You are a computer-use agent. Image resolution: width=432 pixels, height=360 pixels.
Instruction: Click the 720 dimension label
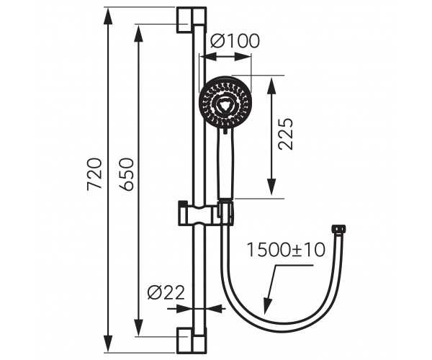(94, 174)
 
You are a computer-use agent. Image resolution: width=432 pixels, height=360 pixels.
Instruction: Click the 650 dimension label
(127, 174)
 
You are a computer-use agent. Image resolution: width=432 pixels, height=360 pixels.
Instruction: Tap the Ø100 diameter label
(235, 41)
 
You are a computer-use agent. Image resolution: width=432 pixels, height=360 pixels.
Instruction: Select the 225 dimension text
(285, 134)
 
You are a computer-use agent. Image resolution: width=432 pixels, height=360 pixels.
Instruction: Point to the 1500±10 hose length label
(286, 250)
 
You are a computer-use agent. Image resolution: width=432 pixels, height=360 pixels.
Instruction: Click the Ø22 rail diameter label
(166, 292)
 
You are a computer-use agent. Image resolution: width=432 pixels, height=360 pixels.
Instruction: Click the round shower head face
(225, 103)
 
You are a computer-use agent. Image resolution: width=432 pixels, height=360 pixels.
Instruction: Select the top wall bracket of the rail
(192, 20)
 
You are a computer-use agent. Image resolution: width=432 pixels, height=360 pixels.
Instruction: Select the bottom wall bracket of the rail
(192, 341)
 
